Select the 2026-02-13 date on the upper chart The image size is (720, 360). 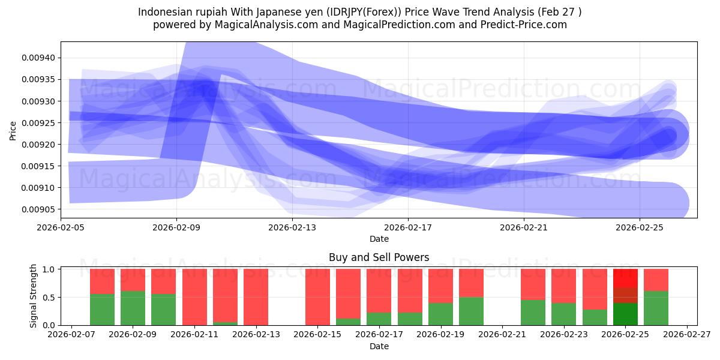(x=292, y=227)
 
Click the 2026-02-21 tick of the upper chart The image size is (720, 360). (x=524, y=227)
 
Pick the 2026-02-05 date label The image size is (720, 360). (x=61, y=227)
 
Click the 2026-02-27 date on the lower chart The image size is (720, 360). (x=687, y=335)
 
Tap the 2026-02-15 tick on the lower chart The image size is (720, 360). (x=318, y=335)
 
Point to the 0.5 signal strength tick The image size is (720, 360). (x=49, y=298)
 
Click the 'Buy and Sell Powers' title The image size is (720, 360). (x=379, y=257)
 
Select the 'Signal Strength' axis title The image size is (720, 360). (x=34, y=296)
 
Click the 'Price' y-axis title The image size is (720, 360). (x=13, y=130)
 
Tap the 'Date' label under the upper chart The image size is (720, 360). (x=379, y=239)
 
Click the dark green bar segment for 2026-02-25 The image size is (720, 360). (x=625, y=314)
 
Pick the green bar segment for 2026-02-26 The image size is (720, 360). (x=656, y=308)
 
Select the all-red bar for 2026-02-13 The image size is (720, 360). (x=256, y=297)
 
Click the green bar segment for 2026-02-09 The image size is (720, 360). (x=133, y=308)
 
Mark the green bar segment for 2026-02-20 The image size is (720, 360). (x=471, y=311)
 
